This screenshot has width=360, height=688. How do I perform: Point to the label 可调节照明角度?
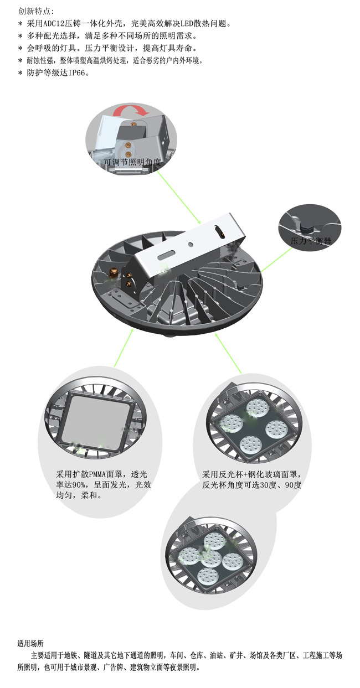132,162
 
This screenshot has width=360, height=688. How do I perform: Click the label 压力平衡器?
311,241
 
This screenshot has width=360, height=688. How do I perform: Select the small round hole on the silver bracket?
191,245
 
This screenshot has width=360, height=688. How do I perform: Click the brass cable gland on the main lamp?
112,272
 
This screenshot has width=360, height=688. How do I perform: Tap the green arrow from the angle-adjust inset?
179,197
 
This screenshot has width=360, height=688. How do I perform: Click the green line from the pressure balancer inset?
276,260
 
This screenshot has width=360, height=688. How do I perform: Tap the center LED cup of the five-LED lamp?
211,558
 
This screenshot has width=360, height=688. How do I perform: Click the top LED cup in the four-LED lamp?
258,408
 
